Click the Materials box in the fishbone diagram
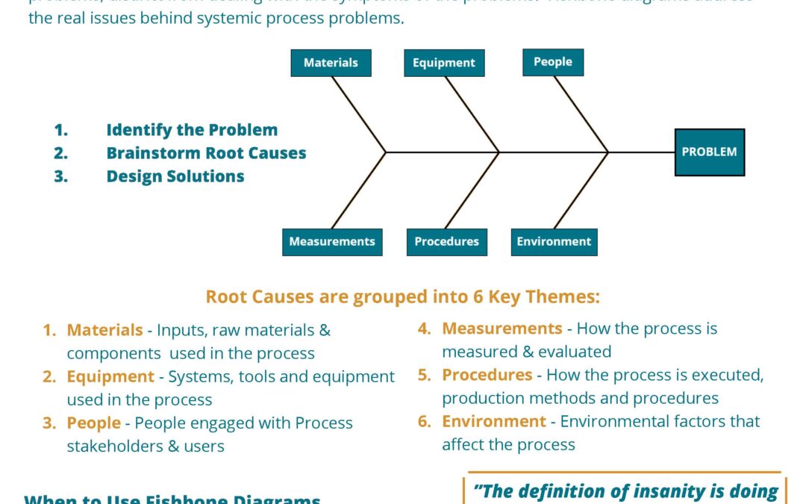tap(331, 63)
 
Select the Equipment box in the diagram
tap(444, 63)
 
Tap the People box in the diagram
tap(552, 62)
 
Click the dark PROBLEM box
tap(709, 152)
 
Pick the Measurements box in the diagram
tap(332, 242)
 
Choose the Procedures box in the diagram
tap(446, 242)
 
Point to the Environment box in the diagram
tap(554, 242)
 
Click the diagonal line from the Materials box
tap(358, 114)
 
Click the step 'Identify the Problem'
tap(192, 130)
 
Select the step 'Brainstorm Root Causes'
tap(206, 153)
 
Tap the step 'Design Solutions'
tap(175, 176)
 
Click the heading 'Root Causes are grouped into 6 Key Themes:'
tap(402, 297)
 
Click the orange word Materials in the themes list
tap(104, 330)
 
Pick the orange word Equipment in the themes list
tap(110, 377)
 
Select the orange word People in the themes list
tap(93, 423)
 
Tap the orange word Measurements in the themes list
tap(502, 329)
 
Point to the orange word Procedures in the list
tap(487, 375)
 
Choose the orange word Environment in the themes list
tap(493, 421)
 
